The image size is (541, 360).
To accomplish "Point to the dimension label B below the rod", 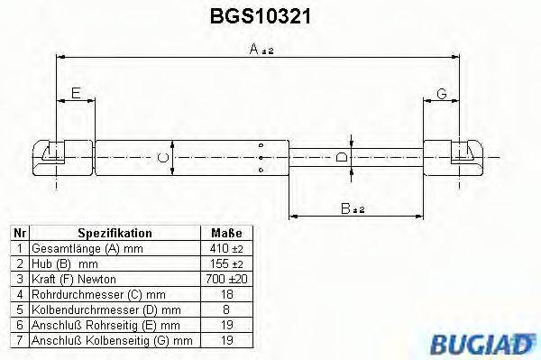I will click(353, 208).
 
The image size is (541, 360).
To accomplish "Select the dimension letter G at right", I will click(442, 94).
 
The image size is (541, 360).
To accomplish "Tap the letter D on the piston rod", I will click(341, 158).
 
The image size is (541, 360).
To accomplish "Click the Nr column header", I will click(17, 232).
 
